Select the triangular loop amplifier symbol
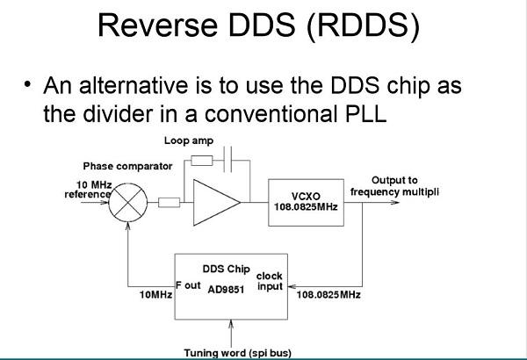(x=194, y=202)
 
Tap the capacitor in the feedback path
(x=227, y=159)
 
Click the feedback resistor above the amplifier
(x=202, y=161)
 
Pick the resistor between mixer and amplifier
(x=169, y=202)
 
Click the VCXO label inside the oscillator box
(x=306, y=197)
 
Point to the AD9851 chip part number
(x=226, y=290)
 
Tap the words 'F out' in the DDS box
(x=188, y=285)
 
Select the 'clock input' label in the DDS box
(x=270, y=281)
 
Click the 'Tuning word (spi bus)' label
(x=238, y=353)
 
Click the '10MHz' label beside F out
(x=156, y=295)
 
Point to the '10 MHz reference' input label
(x=88, y=190)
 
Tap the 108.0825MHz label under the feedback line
(x=328, y=295)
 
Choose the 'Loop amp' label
(x=189, y=140)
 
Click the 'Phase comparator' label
(x=127, y=166)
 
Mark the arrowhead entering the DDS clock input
(x=292, y=286)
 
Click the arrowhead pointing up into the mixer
(x=127, y=226)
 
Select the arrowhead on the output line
(x=395, y=202)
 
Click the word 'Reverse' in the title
(x=157, y=25)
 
